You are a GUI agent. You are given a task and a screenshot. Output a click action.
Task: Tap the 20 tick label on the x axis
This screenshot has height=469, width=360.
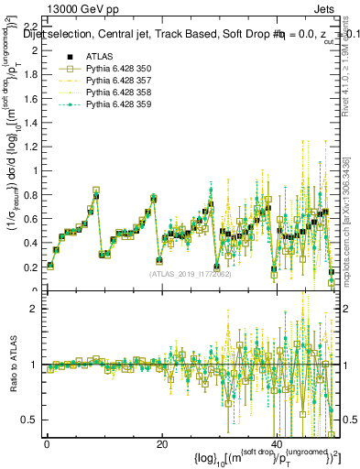coord(161,444)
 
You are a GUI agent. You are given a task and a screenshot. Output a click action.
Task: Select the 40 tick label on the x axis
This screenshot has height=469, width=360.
coord(276,444)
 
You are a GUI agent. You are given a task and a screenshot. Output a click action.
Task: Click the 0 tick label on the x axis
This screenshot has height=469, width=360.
coord(47,444)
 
